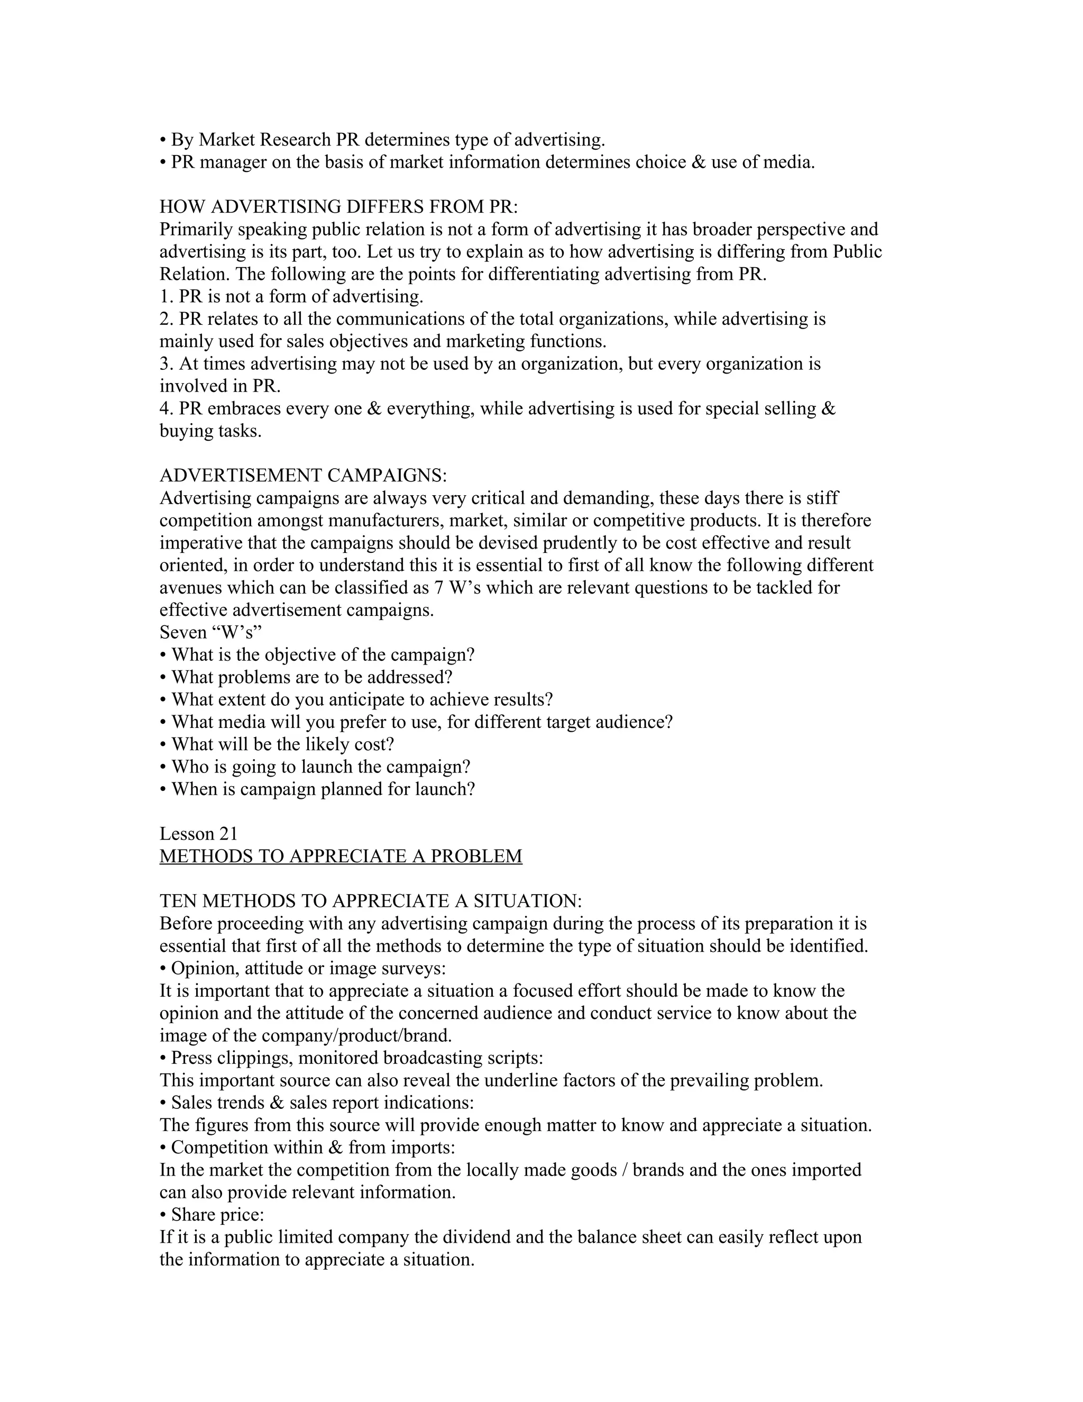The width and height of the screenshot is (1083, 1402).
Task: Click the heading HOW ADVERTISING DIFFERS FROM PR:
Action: tap(338, 207)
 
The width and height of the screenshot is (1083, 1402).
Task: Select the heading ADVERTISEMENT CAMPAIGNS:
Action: tap(303, 476)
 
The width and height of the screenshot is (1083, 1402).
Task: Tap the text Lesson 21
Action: tap(198, 834)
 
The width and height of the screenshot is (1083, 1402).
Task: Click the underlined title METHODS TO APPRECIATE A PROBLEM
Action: tap(341, 857)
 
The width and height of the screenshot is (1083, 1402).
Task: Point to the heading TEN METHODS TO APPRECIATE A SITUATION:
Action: tap(370, 902)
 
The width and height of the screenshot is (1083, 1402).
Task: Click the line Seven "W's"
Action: tap(210, 632)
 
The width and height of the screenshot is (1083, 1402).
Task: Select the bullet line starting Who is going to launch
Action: tap(315, 767)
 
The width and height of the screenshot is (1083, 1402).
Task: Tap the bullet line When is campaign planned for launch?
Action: tap(317, 789)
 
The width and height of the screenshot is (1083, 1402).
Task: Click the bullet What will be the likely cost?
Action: tap(277, 745)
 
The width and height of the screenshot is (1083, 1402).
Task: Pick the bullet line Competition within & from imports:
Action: tap(307, 1148)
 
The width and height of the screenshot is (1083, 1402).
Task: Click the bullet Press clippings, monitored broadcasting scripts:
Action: tap(351, 1058)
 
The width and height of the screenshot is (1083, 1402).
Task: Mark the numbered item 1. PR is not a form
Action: tap(291, 297)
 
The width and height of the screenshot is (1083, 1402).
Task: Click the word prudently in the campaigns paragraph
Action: tap(581, 543)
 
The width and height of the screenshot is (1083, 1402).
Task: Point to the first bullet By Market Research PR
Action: tap(382, 140)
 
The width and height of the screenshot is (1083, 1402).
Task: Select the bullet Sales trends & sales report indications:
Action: tap(316, 1103)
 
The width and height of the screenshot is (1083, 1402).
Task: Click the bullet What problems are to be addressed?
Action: tap(306, 677)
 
